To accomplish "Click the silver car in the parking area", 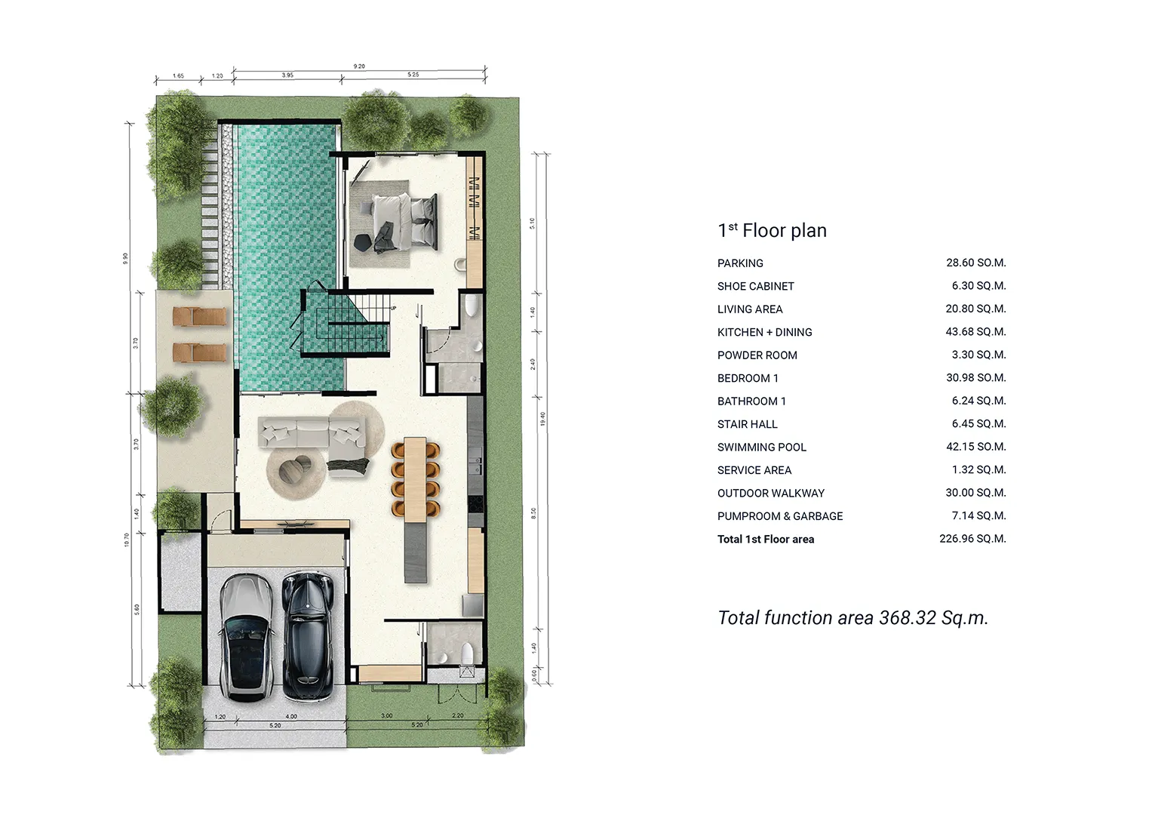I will tap(246, 638).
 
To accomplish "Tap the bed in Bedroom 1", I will tap(404, 220).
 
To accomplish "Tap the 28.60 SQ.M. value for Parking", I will tap(975, 263).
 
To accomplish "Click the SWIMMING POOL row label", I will tap(761, 447).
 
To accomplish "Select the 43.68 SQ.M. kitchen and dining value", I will tap(975, 332).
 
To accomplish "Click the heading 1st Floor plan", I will tap(772, 231).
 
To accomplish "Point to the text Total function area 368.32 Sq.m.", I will tap(852, 618).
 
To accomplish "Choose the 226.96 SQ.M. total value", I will tap(972, 539).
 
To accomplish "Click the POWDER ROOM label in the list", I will tap(757, 355).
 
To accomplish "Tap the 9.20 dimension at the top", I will tap(359, 66).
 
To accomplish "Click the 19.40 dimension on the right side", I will tap(542, 420).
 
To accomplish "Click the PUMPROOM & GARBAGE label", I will tap(780, 516).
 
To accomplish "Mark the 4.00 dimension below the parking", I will tap(291, 716).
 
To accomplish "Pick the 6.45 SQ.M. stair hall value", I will tap(978, 424).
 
